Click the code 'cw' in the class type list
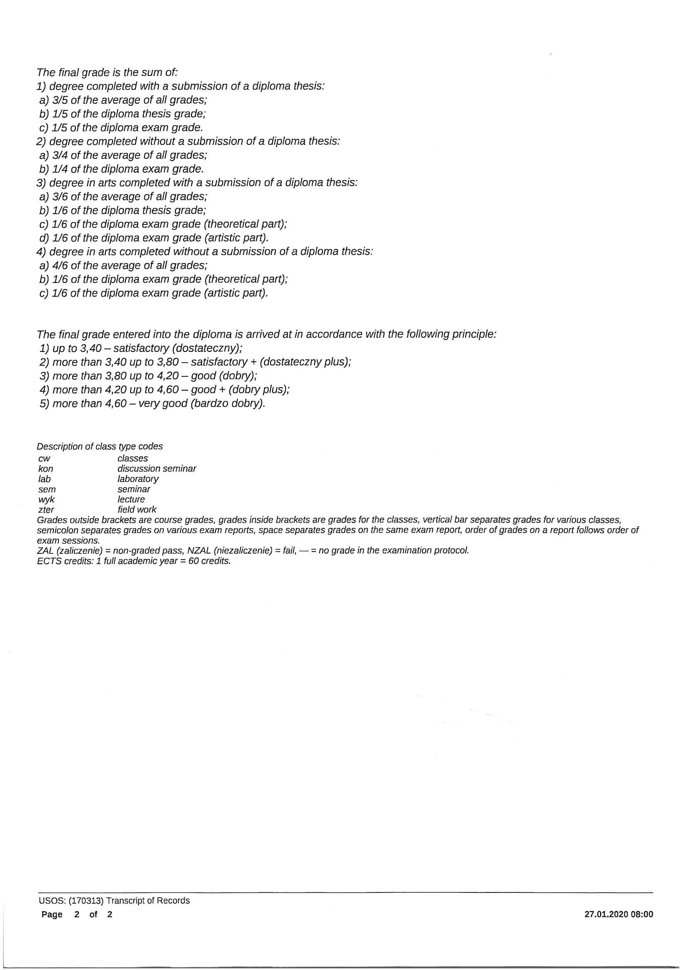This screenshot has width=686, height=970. [x=44, y=459]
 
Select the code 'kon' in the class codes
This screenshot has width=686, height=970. [x=46, y=469]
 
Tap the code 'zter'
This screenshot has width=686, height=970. [x=46, y=510]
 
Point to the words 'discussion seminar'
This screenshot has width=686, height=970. [x=156, y=468]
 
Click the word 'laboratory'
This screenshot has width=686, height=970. [x=138, y=479]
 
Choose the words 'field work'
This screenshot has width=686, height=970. [x=137, y=509]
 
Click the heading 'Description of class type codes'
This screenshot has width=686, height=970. [x=99, y=446]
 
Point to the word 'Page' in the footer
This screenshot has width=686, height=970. [x=51, y=915]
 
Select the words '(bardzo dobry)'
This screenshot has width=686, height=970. [x=227, y=403]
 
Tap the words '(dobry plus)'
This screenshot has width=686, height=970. [x=257, y=390]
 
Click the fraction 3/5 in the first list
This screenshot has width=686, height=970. [x=60, y=100]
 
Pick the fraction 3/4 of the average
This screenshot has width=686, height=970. [x=60, y=156]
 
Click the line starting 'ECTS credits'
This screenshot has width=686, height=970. [x=134, y=561]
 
